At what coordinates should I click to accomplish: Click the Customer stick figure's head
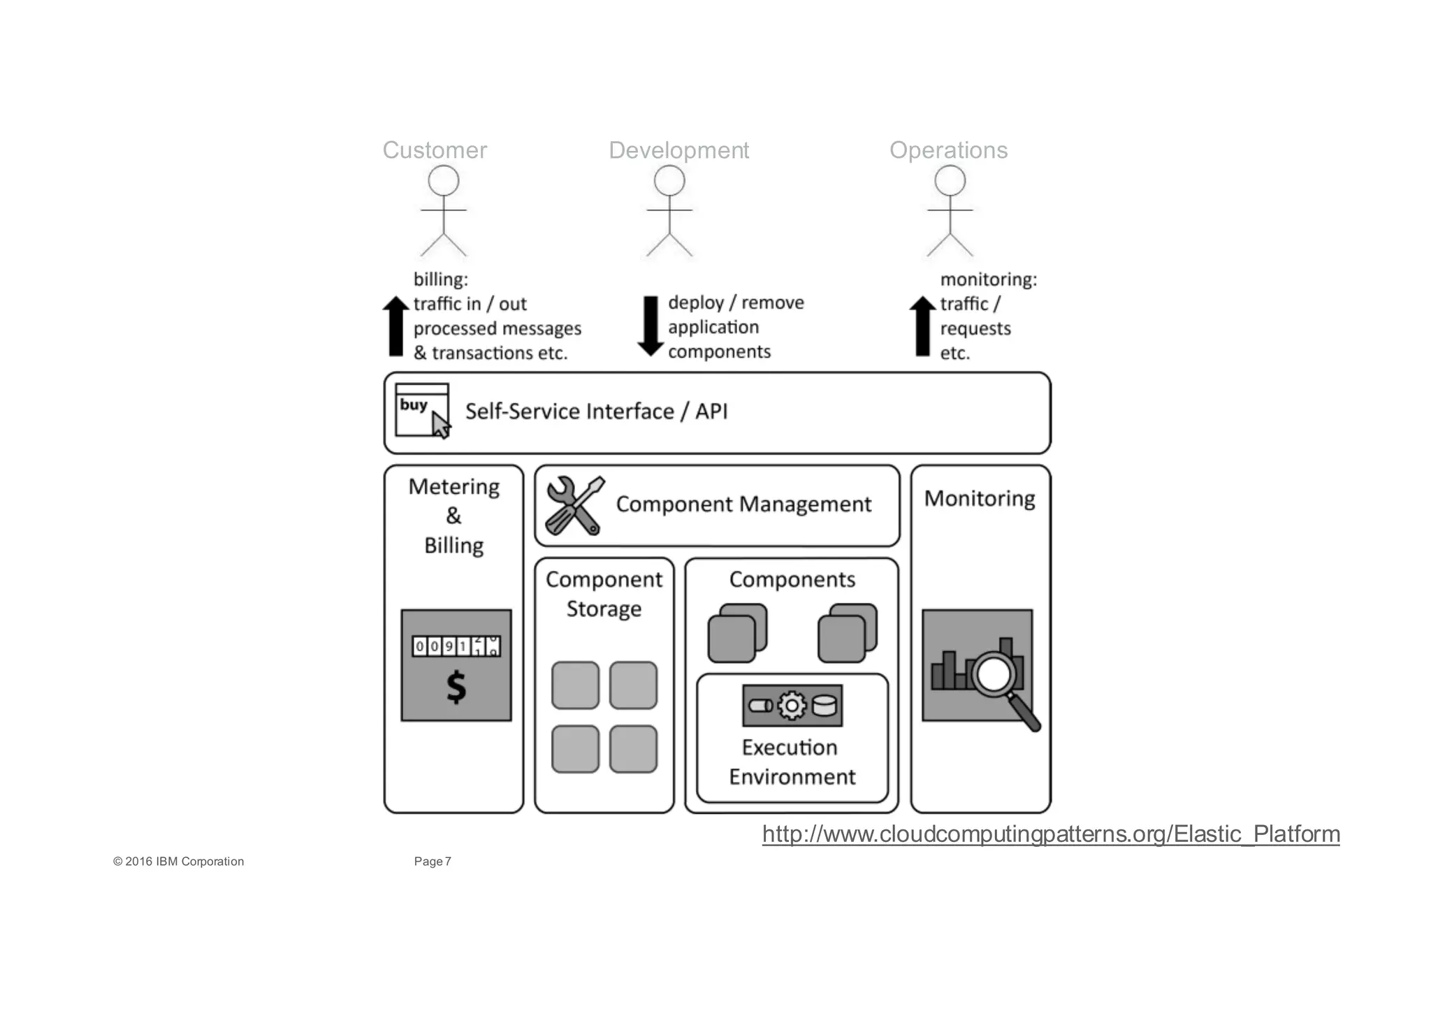443,182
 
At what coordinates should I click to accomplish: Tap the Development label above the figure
678,150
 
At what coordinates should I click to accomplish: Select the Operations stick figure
950,213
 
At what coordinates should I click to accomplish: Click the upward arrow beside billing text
395,326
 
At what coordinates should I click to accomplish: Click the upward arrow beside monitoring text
922,326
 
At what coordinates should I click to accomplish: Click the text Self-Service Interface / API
596,412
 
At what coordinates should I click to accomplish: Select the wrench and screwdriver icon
574,506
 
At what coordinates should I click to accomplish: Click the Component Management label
743,504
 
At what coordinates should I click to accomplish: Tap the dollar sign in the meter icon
456,687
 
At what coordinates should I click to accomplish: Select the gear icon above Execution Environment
792,706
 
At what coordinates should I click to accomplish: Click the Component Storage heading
604,594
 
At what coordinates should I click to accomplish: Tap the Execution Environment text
792,762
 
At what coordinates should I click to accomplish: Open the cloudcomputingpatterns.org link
1050,834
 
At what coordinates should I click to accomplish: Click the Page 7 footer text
433,861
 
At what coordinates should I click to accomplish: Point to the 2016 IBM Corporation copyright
179,861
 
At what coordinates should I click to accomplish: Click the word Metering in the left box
453,487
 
